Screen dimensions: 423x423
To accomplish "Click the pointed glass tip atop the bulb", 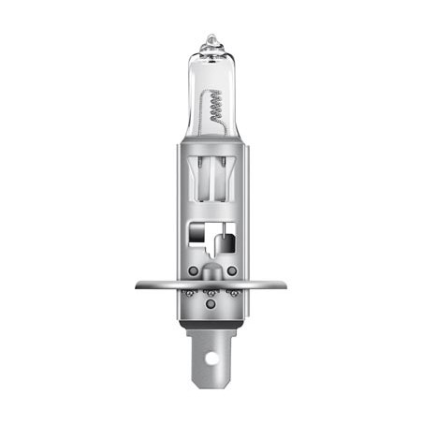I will pyautogui.click(x=211, y=39).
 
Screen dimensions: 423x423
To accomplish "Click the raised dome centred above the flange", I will pyautogui.click(x=211, y=273).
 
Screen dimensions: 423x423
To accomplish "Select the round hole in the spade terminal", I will pyautogui.click(x=211, y=356).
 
